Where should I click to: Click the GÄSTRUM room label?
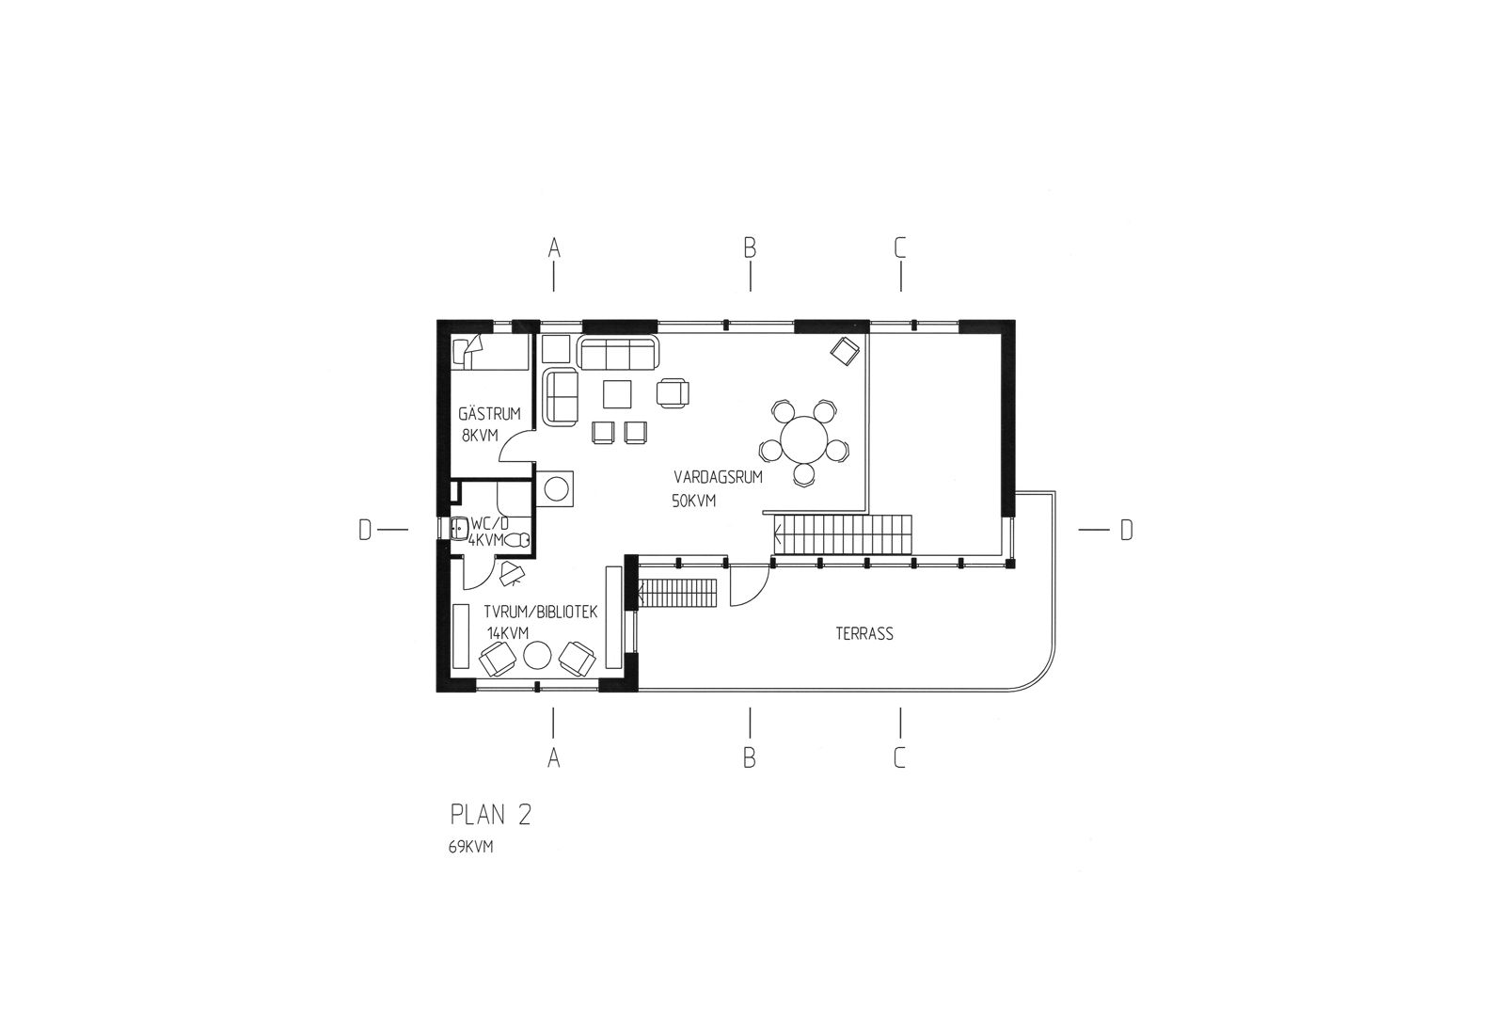click(x=489, y=413)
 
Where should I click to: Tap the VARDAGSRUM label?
click(x=718, y=477)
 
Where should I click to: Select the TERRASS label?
click(x=863, y=634)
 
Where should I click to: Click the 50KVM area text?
click(x=694, y=501)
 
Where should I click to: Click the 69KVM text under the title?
click(x=471, y=847)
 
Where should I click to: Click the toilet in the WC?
click(x=518, y=540)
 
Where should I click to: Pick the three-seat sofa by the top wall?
click(x=619, y=355)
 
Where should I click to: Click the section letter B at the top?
click(x=750, y=247)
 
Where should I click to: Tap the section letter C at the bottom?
click(x=900, y=757)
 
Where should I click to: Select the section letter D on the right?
click(x=1126, y=531)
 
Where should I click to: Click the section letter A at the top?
click(x=554, y=247)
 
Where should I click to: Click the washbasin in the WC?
click(x=459, y=530)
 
